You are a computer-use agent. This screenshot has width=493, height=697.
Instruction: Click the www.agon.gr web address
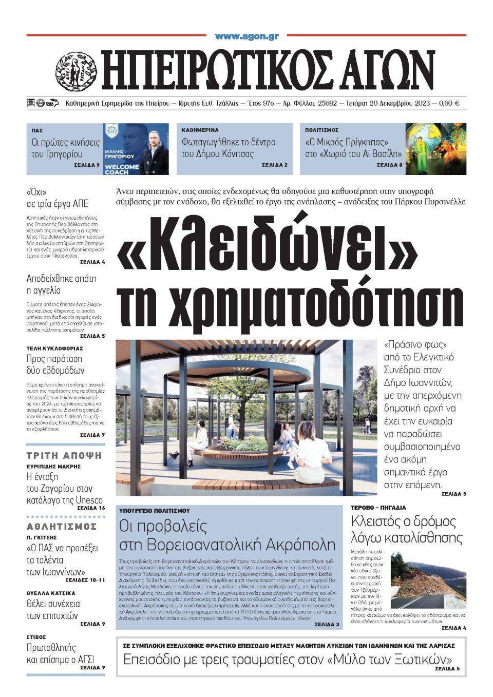coord(246,36)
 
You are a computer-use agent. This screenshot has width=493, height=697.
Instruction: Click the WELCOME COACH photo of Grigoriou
coord(136,149)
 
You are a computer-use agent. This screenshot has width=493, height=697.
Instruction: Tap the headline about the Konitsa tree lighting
coord(229,148)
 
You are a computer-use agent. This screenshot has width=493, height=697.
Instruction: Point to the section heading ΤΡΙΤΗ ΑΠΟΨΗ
coord(64,455)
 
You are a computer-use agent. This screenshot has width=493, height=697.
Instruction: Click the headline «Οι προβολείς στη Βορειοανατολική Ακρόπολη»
coord(227,535)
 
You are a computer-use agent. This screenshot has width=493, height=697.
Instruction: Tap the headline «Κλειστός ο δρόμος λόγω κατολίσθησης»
coord(407,529)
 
